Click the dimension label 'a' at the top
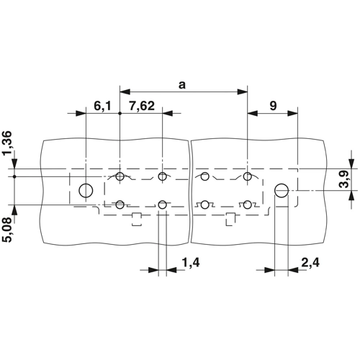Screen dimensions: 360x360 coord(182,85)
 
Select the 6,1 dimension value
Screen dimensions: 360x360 coord(103,106)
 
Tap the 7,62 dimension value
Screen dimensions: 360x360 coord(142,106)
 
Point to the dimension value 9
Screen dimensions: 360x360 coord(273,106)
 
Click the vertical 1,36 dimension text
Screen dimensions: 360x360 coord(7,143)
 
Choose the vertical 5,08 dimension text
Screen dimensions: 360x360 coord(7,230)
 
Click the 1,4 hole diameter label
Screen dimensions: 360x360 coord(191,263)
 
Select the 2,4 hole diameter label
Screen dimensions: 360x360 coord(310,263)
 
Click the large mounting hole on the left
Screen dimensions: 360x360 coord(86,191)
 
